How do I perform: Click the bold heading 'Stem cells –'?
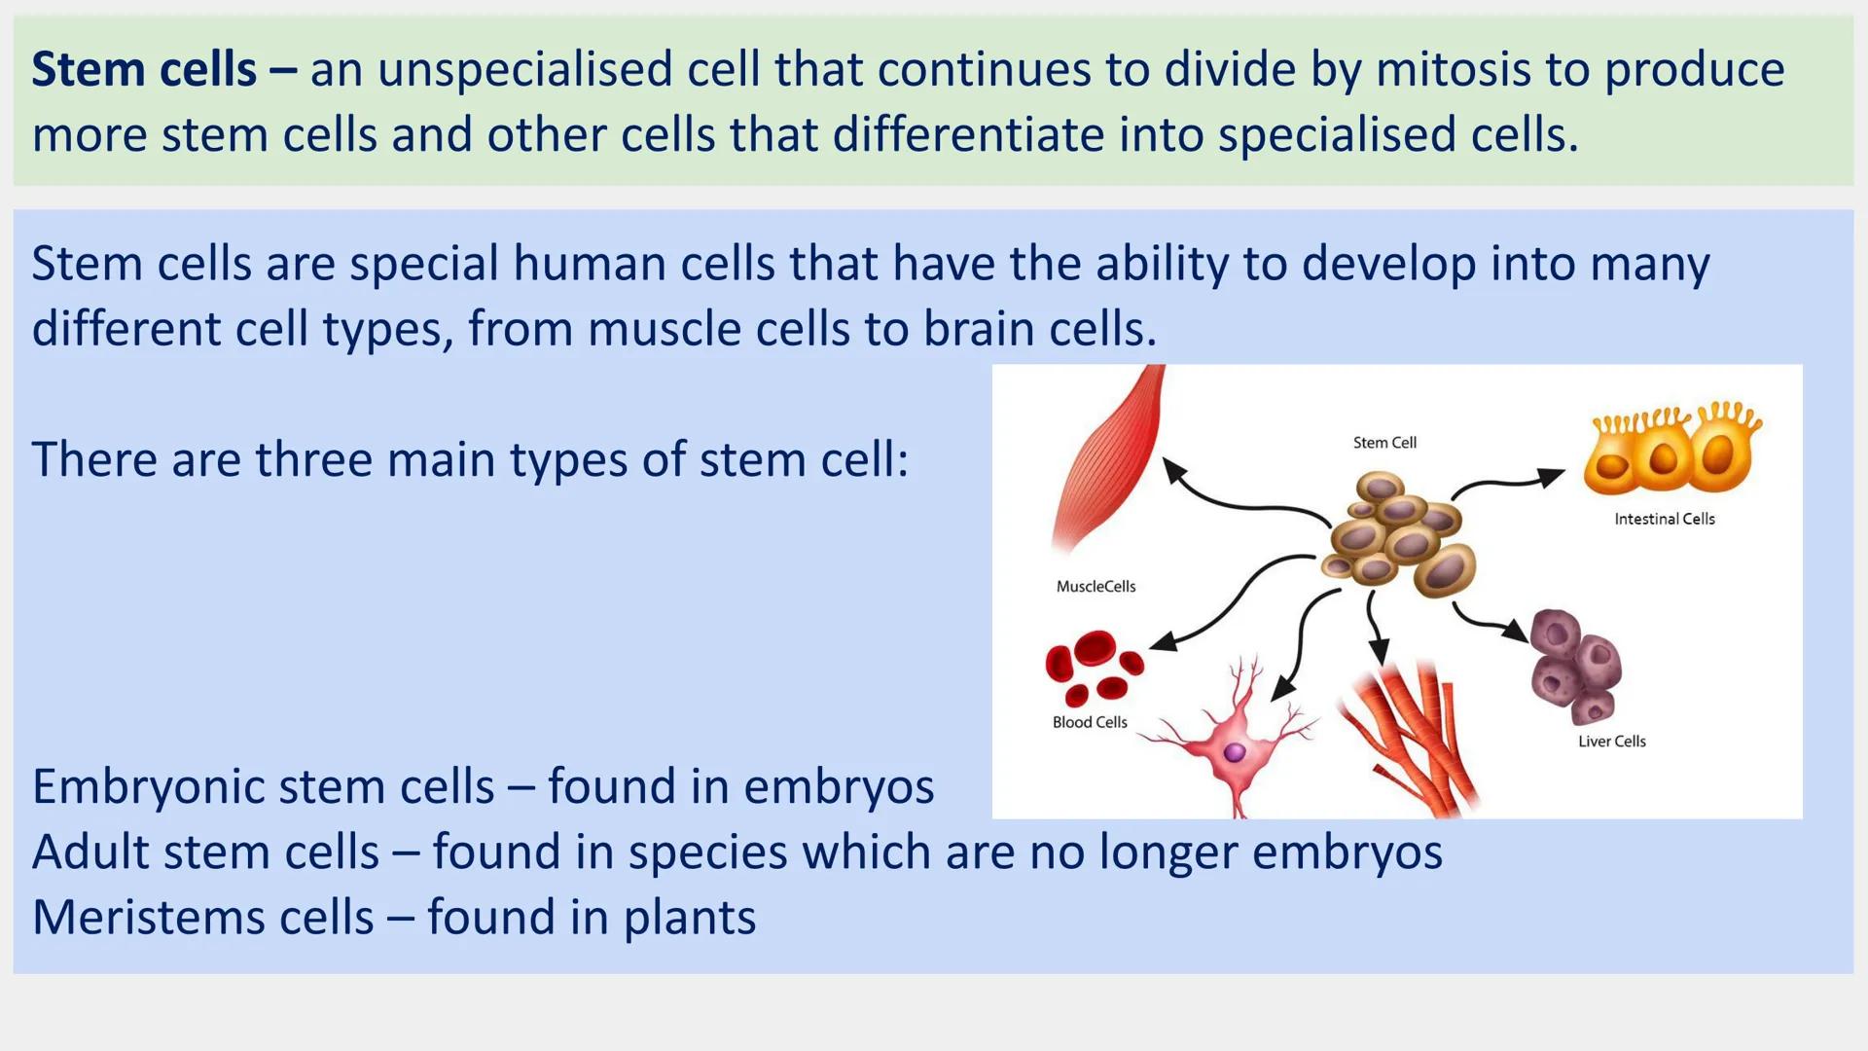tap(163, 70)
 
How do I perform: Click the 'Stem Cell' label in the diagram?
tap(1383, 443)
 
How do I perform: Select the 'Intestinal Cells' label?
tap(1664, 520)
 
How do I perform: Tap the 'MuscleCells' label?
tap(1096, 587)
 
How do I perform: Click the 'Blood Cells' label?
tap(1089, 722)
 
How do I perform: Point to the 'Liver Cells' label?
tap(1611, 742)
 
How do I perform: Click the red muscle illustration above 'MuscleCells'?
tap(1109, 457)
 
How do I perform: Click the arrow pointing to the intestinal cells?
tap(1508, 481)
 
